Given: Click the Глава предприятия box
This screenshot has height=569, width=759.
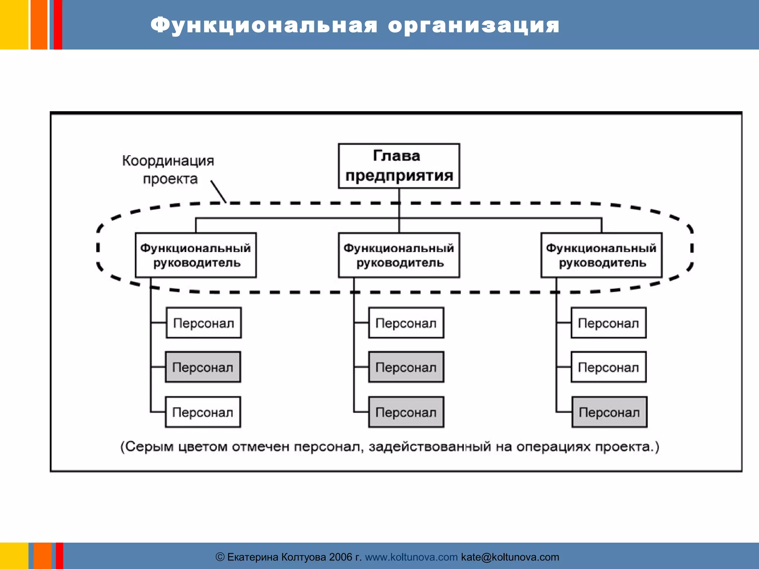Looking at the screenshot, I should pyautogui.click(x=399, y=166).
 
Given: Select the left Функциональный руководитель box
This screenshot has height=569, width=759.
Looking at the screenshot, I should pyautogui.click(x=196, y=255).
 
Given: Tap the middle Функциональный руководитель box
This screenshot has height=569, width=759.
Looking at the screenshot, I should pyautogui.click(x=399, y=255).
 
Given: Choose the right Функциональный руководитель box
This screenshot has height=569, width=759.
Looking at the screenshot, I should pyautogui.click(x=601, y=255).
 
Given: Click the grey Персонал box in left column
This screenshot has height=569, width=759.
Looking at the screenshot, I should pyautogui.click(x=203, y=367).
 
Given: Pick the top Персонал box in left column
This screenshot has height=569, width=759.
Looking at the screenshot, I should pyautogui.click(x=203, y=323).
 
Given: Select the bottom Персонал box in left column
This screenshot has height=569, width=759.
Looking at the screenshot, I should pyautogui.click(x=203, y=412).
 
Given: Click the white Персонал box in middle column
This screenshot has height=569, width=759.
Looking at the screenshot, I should pyautogui.click(x=406, y=323).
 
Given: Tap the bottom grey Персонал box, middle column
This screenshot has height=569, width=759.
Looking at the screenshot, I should pyautogui.click(x=406, y=412).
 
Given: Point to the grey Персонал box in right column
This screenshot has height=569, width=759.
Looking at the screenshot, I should pyautogui.click(x=609, y=412).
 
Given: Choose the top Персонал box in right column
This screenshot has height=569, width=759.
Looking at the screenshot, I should pyautogui.click(x=608, y=323).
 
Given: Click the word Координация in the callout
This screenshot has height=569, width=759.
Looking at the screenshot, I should pyautogui.click(x=168, y=161).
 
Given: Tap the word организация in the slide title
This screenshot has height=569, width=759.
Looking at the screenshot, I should pyautogui.click(x=474, y=25).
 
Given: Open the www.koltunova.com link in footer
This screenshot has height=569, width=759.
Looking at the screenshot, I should pyautogui.click(x=411, y=557).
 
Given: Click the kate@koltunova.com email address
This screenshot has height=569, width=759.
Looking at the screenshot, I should pyautogui.click(x=510, y=557).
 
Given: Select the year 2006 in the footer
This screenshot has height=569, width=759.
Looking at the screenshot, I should pyautogui.click(x=340, y=557).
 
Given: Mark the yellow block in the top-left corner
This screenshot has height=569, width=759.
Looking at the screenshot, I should pyautogui.click(x=14, y=24).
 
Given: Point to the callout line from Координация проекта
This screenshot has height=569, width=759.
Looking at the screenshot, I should pyautogui.click(x=218, y=191).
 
